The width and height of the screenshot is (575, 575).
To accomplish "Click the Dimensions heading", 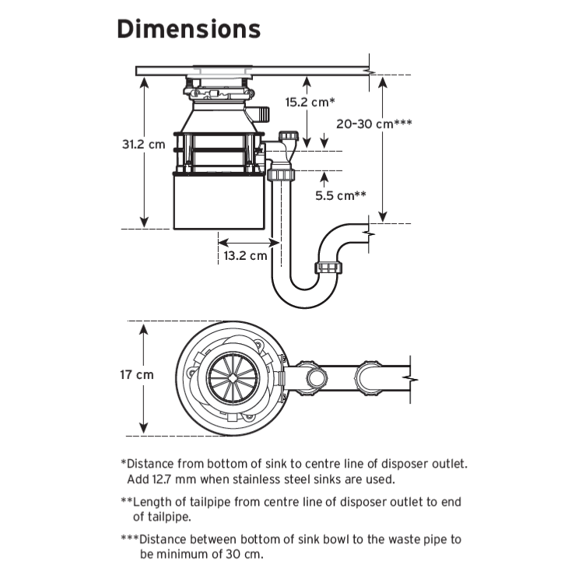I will tap(188, 30).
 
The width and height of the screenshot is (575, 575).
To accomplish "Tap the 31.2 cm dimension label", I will tap(143, 144).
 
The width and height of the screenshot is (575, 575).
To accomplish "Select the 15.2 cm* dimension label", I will tap(310, 102).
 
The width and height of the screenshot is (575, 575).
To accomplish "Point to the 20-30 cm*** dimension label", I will tap(373, 124).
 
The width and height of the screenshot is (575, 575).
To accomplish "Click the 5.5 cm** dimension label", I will tap(341, 195).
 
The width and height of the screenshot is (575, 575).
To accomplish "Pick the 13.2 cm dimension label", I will tap(245, 254).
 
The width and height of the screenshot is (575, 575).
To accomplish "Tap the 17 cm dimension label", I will tap(136, 375).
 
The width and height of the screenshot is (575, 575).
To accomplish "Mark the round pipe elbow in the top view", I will tap(316, 379).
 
